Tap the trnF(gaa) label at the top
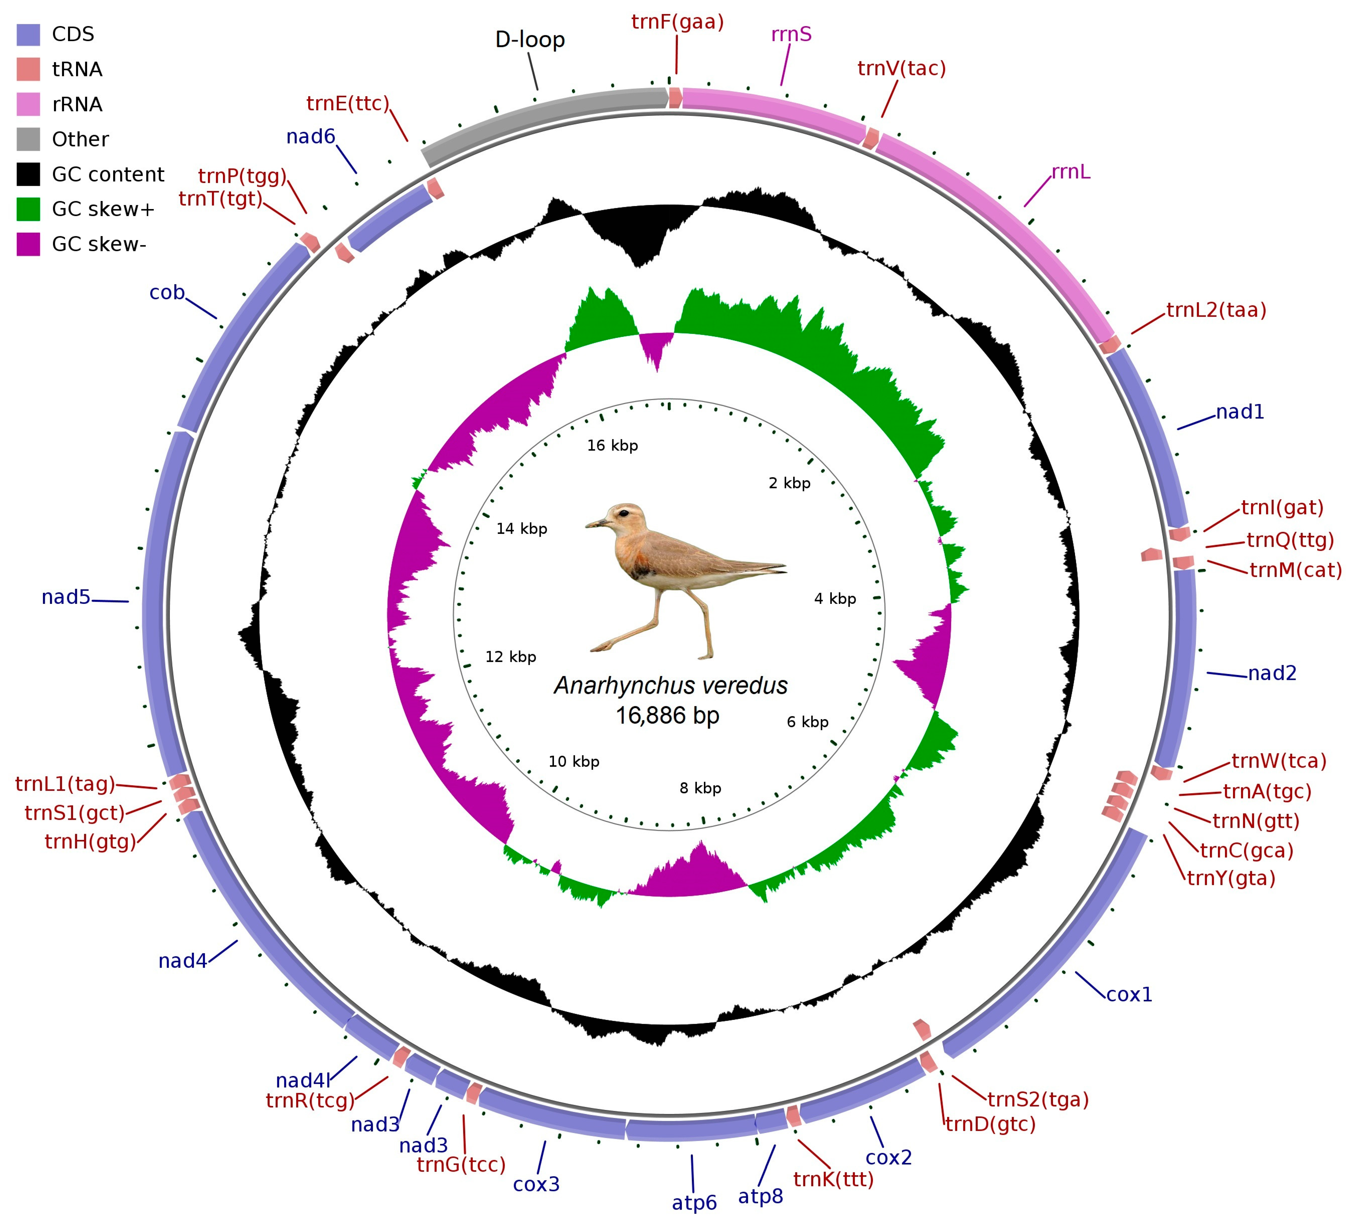[x=677, y=22]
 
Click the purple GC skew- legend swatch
[x=28, y=244]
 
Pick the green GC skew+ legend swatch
[x=28, y=209]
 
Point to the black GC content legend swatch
[x=28, y=174]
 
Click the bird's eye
[x=624, y=513]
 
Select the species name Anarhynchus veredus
[x=671, y=685]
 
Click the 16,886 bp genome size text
[x=668, y=715]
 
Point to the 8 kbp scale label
[x=700, y=788]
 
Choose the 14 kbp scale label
[x=522, y=529]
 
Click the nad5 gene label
[x=66, y=597]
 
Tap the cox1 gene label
[x=1129, y=995]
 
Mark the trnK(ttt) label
[x=834, y=1180]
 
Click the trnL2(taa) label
[x=1216, y=310]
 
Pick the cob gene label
[x=167, y=293]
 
